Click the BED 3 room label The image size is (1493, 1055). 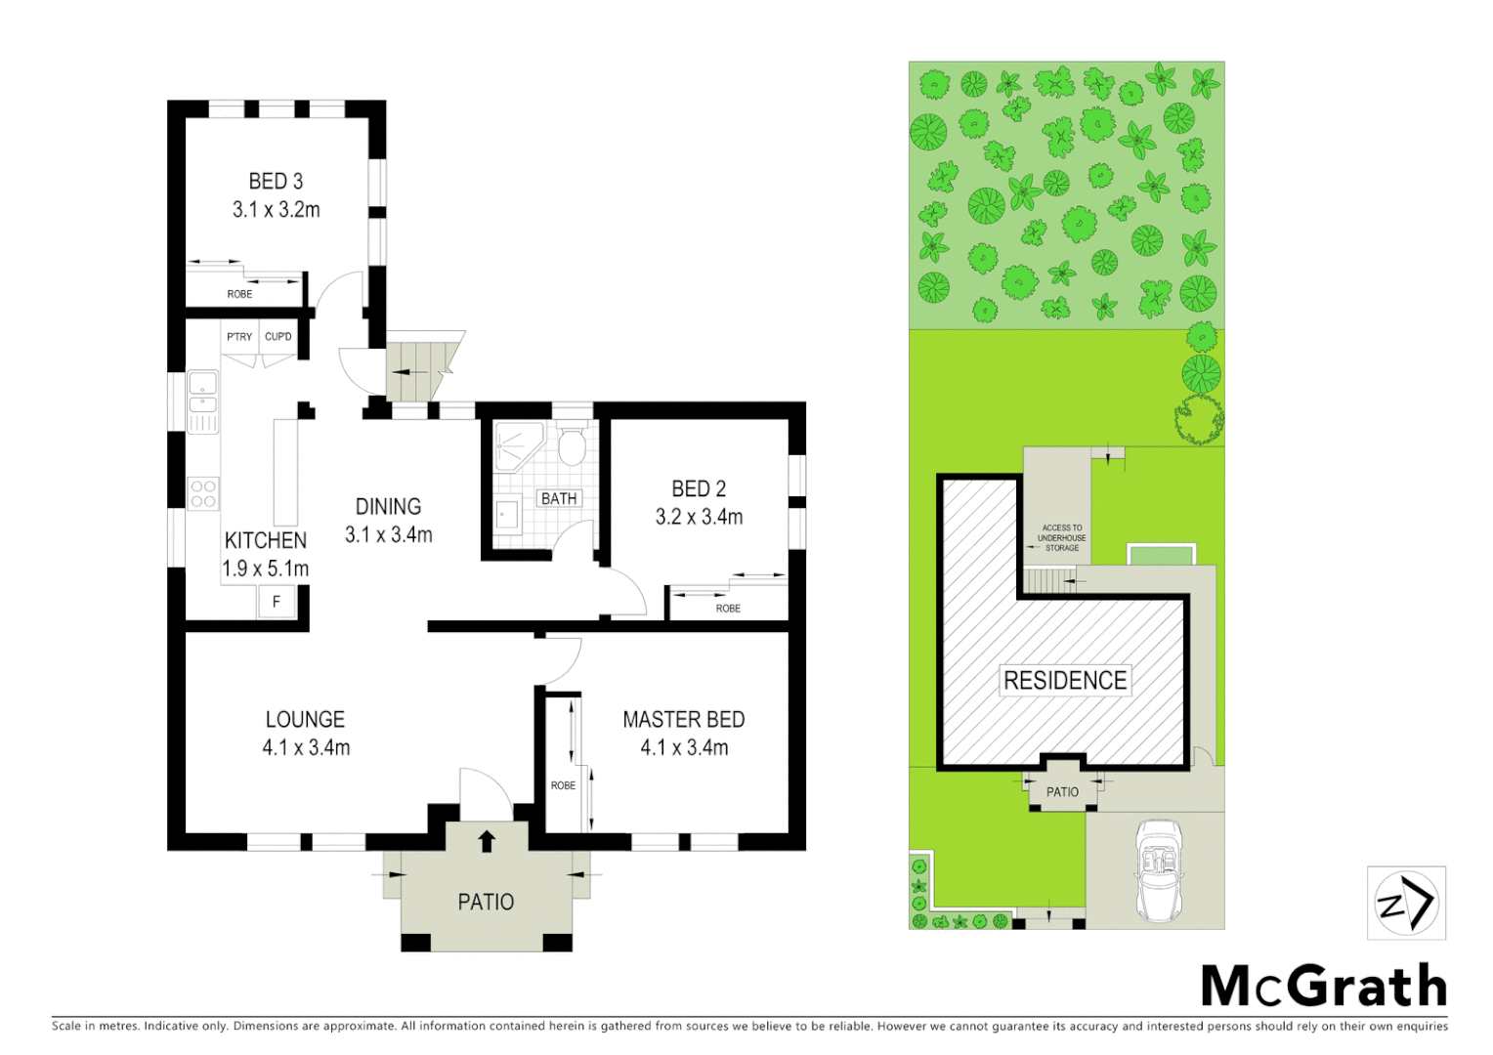276,182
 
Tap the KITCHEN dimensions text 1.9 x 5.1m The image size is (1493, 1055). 265,569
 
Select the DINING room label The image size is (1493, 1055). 388,507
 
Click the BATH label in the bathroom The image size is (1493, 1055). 559,499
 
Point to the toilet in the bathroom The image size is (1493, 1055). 572,447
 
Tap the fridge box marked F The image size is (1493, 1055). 277,602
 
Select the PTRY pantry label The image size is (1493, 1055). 239,337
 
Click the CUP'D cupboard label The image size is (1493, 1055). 278,337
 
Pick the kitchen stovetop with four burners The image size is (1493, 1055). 203,494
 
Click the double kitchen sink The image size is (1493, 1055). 202,392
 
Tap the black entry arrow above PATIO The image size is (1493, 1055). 487,840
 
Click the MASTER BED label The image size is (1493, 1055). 683,720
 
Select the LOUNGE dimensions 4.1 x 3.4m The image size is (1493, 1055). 306,748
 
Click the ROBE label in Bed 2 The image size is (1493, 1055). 728,609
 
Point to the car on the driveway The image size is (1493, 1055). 1160,870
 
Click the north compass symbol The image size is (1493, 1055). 1405,904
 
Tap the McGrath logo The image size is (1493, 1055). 1323,986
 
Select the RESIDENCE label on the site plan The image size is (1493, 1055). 1065,681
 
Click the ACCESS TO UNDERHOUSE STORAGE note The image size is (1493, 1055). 1061,538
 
